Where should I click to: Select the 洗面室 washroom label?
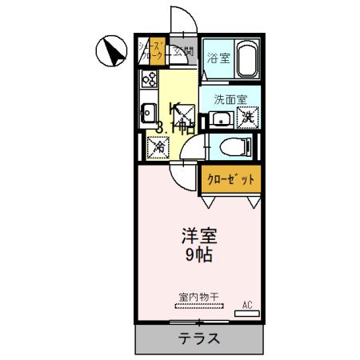[230, 100]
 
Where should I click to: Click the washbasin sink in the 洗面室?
[220, 120]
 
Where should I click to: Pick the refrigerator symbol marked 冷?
[158, 146]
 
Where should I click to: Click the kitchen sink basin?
[149, 112]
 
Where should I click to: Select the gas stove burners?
[150, 80]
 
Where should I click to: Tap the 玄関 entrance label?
[185, 53]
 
